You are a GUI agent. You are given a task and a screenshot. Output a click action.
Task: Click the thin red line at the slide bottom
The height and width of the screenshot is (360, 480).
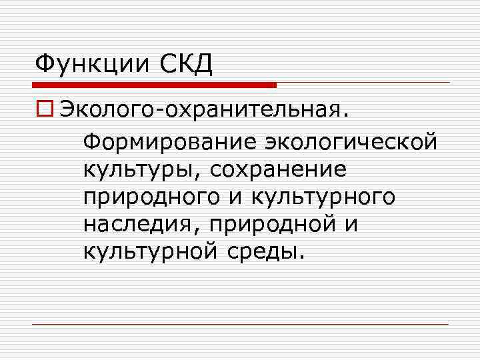point(240,325)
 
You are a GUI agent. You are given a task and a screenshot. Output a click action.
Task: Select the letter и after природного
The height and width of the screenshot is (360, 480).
point(237,197)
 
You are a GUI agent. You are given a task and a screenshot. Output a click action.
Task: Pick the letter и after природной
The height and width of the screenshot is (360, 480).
point(351,225)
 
